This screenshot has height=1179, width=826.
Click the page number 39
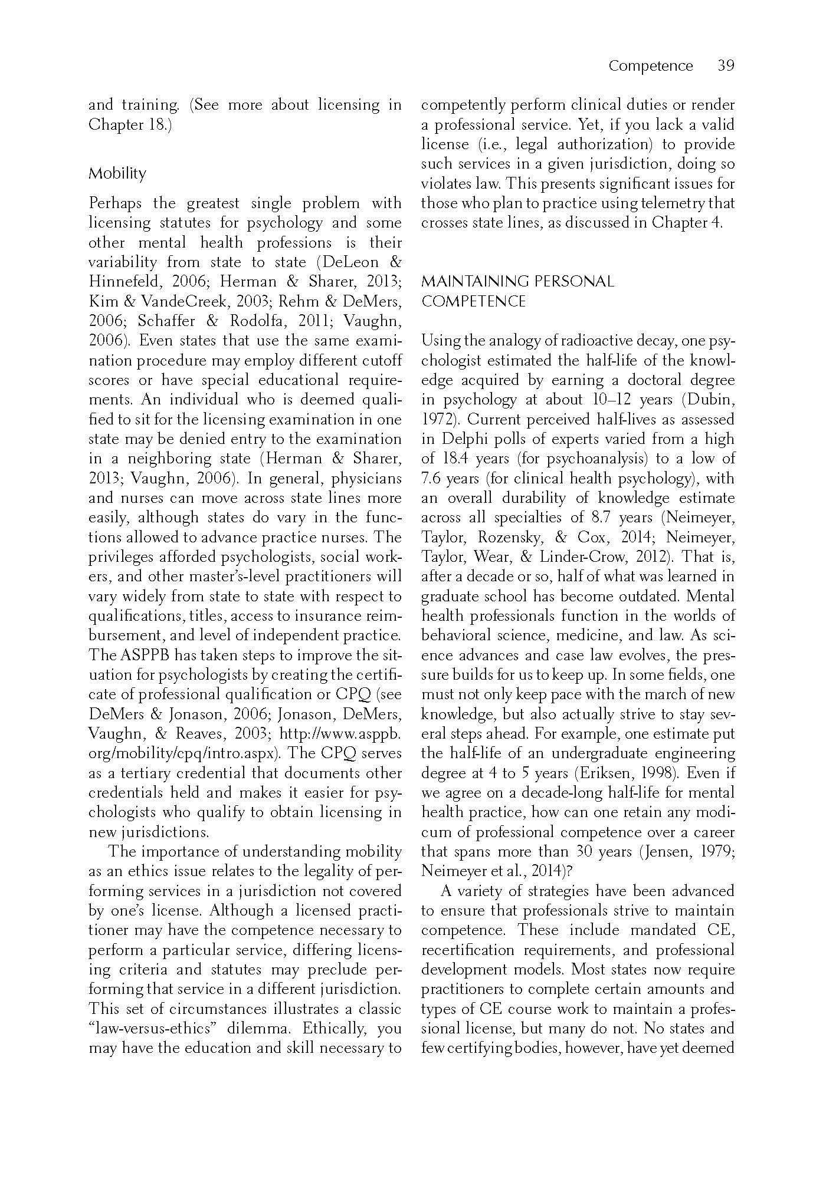pyautogui.click(x=726, y=65)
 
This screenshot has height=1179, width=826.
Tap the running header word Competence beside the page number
pyautogui.click(x=650, y=65)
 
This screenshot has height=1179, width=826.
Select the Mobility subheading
pyautogui.click(x=117, y=173)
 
